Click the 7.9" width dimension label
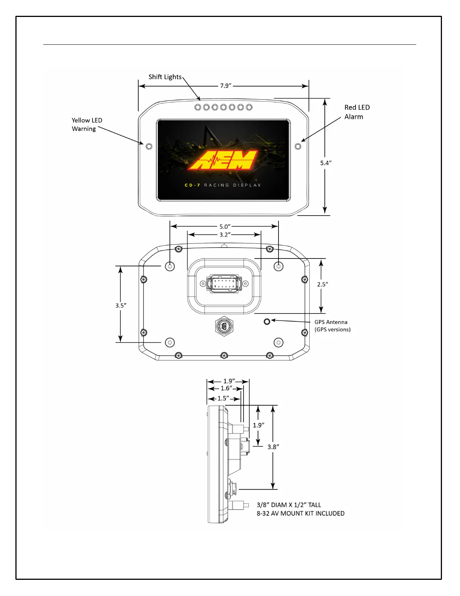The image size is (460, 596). coord(225,86)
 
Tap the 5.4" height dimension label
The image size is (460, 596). coord(325,163)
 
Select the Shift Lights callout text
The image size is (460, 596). coord(165,77)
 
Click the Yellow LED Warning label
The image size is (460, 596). coord(87,125)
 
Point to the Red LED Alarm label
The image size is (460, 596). coord(357,112)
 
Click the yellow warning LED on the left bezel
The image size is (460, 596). coord(149,146)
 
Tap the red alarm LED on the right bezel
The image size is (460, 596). coord(298,146)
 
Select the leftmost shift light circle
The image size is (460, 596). coord(198,108)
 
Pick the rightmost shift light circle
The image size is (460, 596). coord(249,108)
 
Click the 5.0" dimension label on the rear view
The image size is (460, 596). coord(225,227)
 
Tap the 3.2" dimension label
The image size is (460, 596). coord(225,235)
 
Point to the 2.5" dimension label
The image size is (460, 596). coord(322,284)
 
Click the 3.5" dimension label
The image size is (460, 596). coord(121,306)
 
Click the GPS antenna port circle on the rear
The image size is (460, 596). coord(267,321)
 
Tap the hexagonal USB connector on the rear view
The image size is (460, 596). coord(224,326)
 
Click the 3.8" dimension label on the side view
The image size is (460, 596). coord(273,447)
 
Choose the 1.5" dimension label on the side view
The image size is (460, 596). coord(223,398)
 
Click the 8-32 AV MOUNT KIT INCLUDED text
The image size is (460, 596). coord(300,514)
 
